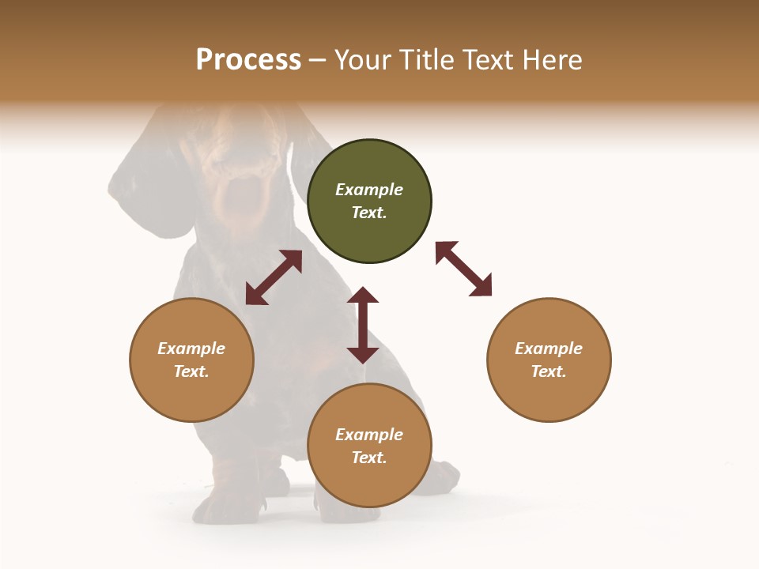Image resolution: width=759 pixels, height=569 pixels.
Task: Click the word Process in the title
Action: (248, 60)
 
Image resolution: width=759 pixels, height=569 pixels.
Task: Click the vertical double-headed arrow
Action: (363, 325)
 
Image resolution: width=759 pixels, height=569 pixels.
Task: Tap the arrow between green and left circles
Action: (274, 277)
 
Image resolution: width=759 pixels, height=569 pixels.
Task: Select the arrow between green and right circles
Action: (463, 269)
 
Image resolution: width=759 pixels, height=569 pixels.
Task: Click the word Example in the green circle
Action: (369, 190)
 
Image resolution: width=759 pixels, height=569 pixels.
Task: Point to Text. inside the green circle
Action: (369, 213)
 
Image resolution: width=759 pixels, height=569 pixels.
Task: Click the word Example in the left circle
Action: (191, 349)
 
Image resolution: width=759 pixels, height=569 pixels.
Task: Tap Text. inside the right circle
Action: (549, 371)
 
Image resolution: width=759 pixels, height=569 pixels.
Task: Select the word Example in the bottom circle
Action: (369, 435)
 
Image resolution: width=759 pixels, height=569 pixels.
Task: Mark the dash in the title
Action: (318, 61)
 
